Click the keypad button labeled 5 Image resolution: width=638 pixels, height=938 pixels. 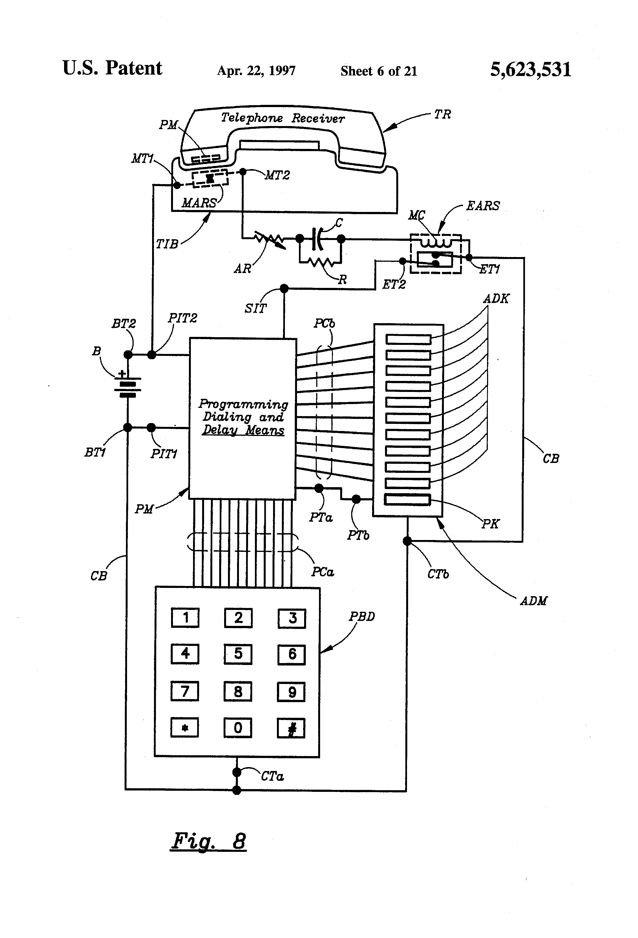coord(238,654)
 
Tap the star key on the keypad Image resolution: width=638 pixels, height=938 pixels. coord(185,728)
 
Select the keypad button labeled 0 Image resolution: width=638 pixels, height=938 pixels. coord(238,728)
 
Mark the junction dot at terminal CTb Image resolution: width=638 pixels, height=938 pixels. coord(407,541)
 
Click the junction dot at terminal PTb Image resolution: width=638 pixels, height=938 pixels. coord(356,499)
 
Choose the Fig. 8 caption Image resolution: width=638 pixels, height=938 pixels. coord(208,841)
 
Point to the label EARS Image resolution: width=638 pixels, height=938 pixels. coord(483,206)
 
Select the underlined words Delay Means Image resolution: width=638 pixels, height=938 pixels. coord(243,430)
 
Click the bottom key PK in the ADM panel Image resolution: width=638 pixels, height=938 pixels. coord(407,500)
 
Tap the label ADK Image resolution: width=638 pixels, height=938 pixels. coord(496,299)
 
